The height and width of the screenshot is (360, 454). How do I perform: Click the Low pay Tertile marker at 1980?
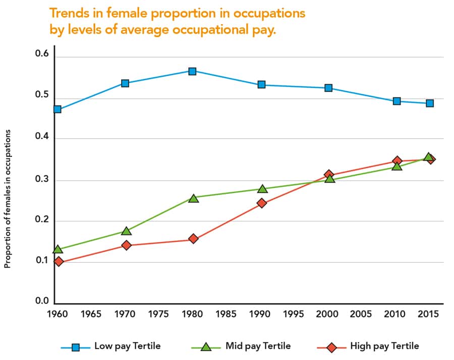192,71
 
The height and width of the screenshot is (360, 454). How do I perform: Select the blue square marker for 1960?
58,109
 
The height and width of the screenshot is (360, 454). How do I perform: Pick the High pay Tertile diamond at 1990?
261,203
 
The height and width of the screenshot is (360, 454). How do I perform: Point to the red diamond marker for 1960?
59,261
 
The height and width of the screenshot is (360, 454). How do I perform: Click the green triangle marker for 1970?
126,231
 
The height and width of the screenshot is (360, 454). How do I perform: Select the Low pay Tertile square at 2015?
430,103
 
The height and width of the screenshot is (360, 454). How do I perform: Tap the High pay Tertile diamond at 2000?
329,175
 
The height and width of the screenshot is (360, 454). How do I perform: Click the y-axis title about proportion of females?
8,197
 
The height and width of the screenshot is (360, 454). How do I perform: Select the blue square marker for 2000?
328,88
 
